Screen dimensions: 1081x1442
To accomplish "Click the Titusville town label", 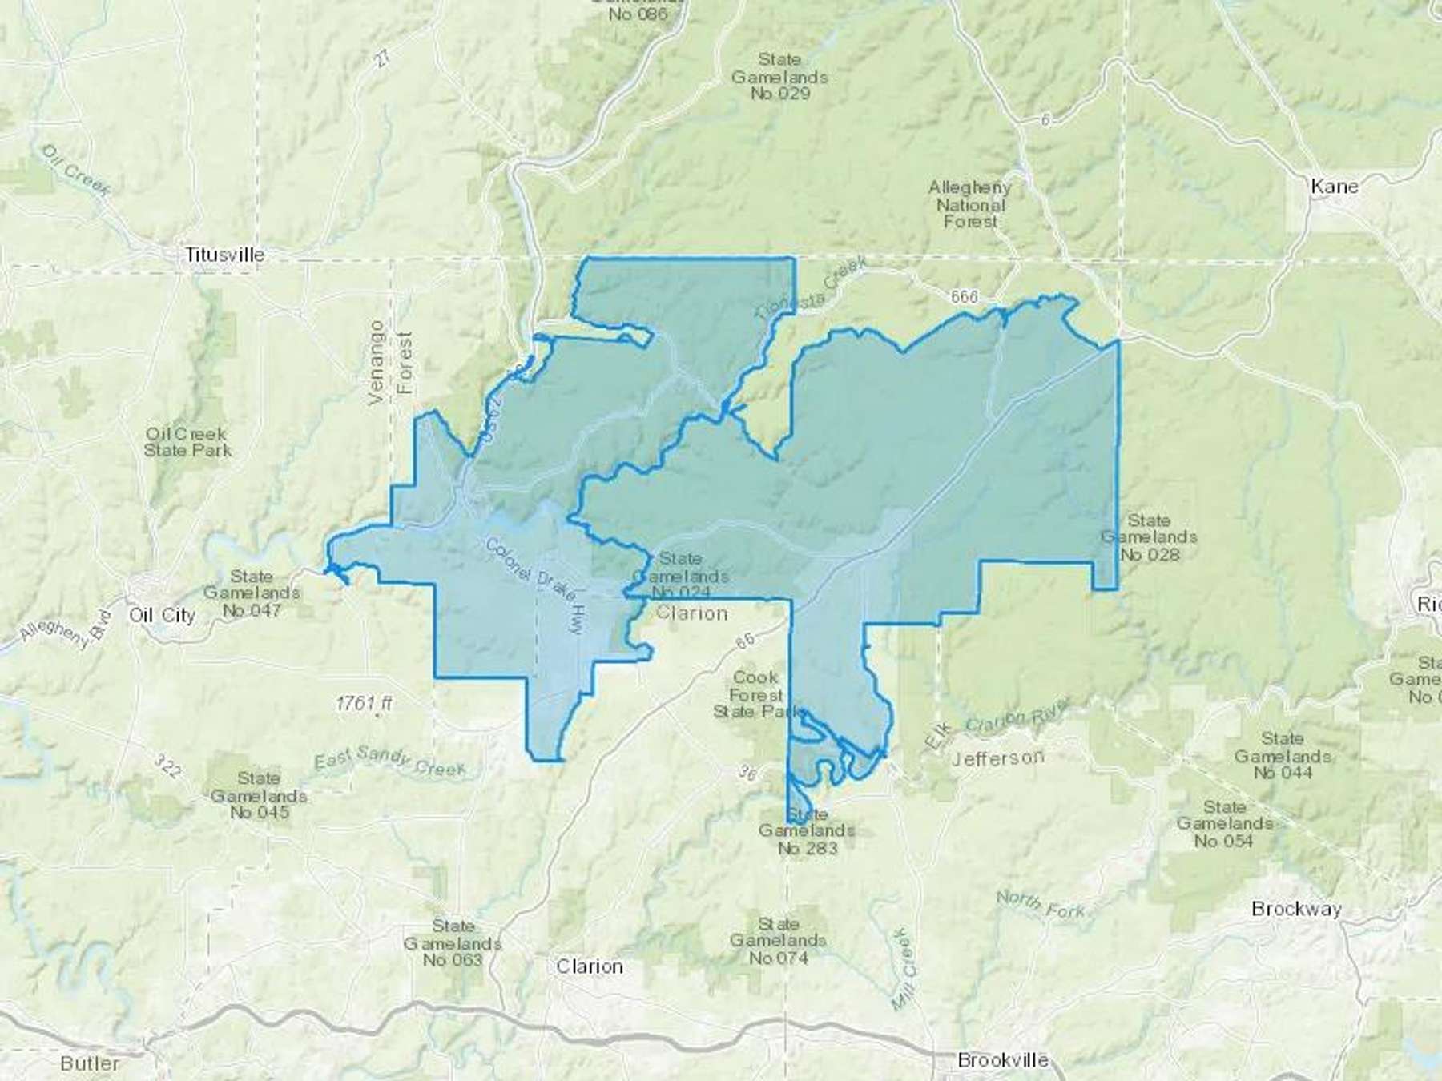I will coord(224,255).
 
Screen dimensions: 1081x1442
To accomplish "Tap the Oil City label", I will coord(163,615).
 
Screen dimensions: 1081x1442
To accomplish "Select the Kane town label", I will coord(1334,187).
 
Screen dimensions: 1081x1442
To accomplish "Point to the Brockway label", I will coord(1296,909).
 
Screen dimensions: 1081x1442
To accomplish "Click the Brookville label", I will coord(1003,1060).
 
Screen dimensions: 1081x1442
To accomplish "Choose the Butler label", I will coord(90,1063).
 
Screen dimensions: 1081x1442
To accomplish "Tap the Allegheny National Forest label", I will coord(969,204).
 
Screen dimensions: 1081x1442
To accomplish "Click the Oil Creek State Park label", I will coord(187,442).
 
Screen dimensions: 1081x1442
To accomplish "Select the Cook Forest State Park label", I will coord(757,694).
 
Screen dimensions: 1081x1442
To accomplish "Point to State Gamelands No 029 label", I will coord(779,77).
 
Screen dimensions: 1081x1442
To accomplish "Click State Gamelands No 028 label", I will coord(1149,537).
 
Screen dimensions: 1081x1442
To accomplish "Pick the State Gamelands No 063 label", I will coord(453,942).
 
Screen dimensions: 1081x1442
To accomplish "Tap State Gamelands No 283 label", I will coord(807,831).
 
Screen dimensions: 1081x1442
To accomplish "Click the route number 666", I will coord(965,297).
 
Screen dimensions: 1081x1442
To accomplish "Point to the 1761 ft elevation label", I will coord(365,704).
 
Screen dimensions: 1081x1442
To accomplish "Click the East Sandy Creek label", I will coord(389,760).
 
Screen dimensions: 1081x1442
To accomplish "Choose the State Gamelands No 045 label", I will coord(258,795).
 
